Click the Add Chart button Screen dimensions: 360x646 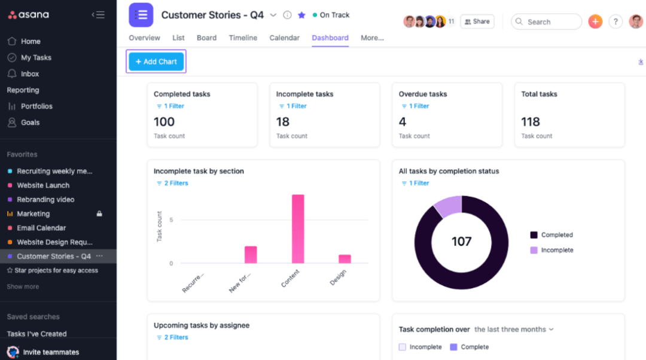(x=156, y=62)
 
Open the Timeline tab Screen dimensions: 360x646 (x=243, y=38)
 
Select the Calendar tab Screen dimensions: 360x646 (x=284, y=38)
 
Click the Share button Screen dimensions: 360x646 (x=477, y=22)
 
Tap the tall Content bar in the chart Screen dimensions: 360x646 (x=298, y=229)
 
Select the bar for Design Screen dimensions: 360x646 (x=345, y=259)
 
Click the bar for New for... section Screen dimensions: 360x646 (x=251, y=255)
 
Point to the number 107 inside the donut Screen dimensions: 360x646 (x=461, y=242)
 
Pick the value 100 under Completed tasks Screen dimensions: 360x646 (x=164, y=122)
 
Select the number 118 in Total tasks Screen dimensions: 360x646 (x=531, y=122)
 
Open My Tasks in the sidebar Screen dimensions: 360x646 (x=36, y=57)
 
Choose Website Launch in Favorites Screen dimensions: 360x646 (x=43, y=185)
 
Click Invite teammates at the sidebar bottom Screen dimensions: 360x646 (x=51, y=352)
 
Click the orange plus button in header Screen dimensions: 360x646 (x=595, y=22)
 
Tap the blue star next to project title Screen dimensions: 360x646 (x=301, y=15)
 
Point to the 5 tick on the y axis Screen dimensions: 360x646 (x=171, y=220)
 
